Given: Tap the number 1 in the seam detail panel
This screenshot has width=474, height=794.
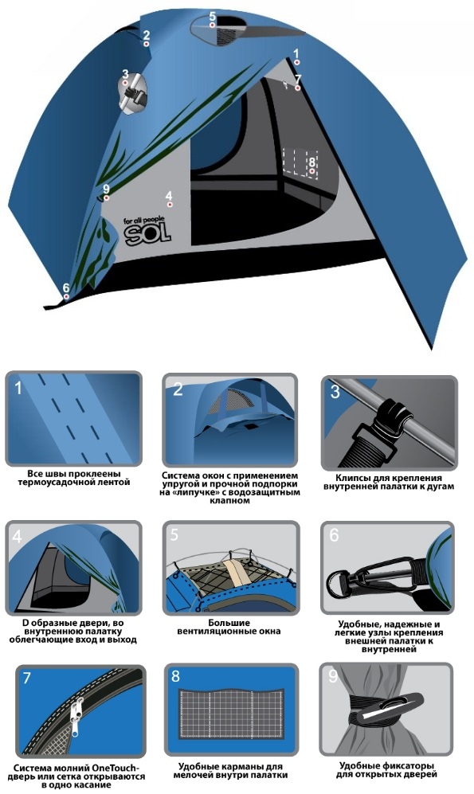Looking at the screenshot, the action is tap(19, 388).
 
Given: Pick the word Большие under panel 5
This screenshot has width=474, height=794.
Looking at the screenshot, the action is tap(229, 623).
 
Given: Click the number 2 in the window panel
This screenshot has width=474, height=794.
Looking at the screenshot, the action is tap(177, 389).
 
